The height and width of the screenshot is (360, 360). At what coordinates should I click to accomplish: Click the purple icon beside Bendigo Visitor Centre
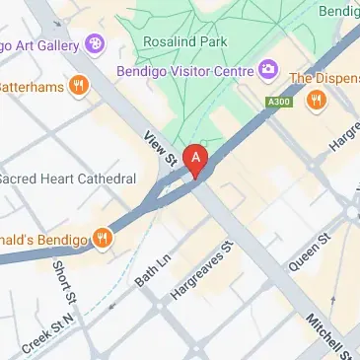[266, 69]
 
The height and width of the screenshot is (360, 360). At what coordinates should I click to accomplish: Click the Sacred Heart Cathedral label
[67, 180]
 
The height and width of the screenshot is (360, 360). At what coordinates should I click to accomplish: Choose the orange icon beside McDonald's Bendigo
[102, 236]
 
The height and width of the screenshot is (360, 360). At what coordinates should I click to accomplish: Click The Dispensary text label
[325, 77]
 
